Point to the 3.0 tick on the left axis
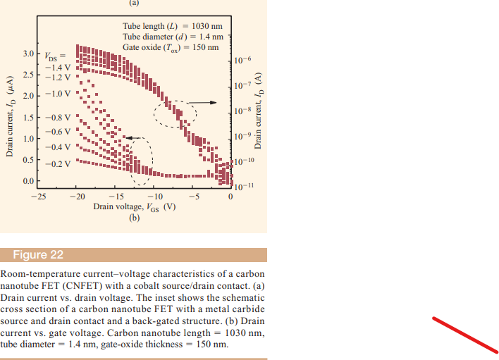pos(27,54)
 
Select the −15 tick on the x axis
pos(115,197)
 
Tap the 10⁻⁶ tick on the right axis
pos(241,61)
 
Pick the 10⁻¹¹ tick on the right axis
pos(241,187)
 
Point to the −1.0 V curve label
pos(57,93)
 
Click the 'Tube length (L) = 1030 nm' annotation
pos(173,27)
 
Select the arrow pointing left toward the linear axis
pos(130,138)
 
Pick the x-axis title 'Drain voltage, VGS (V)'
pos(134,207)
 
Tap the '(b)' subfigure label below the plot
pos(135,218)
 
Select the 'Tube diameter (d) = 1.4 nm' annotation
pos(173,37)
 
